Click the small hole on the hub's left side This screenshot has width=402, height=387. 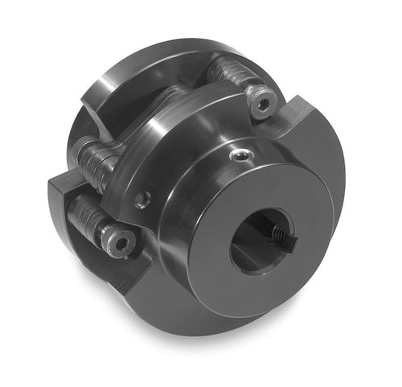click(x=142, y=197)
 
